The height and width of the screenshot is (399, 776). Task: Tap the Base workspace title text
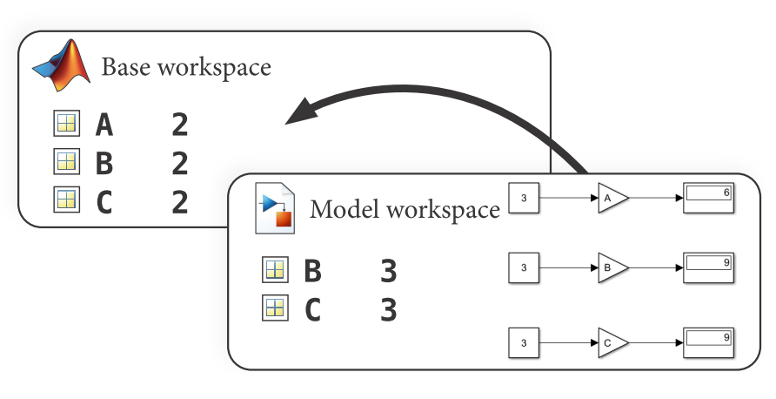tap(186, 67)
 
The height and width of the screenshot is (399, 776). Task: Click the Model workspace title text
tap(405, 210)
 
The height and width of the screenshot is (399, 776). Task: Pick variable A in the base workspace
tap(104, 125)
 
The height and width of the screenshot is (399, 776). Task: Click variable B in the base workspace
tap(104, 163)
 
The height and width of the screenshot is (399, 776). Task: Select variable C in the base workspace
tap(104, 201)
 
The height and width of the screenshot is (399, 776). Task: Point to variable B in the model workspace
tap(312, 272)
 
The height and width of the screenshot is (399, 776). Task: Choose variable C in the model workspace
tap(312, 309)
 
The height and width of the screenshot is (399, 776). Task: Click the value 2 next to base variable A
tap(180, 125)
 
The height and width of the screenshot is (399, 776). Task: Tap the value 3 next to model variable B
tap(389, 272)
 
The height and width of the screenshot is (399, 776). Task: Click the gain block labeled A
tap(612, 198)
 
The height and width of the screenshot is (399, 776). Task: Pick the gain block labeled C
tap(612, 343)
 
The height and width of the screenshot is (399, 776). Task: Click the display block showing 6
tap(709, 198)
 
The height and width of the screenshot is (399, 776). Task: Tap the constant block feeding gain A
tap(524, 198)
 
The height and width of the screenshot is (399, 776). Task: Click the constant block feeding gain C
tap(524, 343)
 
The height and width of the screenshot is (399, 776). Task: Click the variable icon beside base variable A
tap(66, 125)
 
